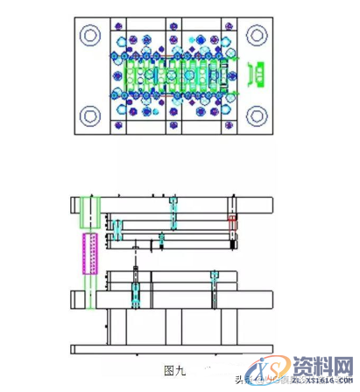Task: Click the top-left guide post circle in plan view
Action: (x=90, y=36)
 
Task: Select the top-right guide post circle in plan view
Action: (x=256, y=36)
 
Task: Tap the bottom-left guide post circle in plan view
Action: (x=90, y=115)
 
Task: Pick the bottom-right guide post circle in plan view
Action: (x=256, y=115)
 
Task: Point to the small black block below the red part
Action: (x=231, y=238)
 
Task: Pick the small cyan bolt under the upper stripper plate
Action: (x=161, y=239)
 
